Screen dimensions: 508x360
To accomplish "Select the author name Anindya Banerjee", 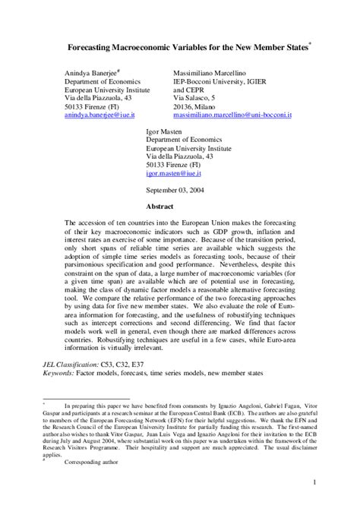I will coord(94,71).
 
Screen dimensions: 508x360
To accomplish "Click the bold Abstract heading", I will coord(160,206).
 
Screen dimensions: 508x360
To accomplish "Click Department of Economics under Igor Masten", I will coord(184,140).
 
